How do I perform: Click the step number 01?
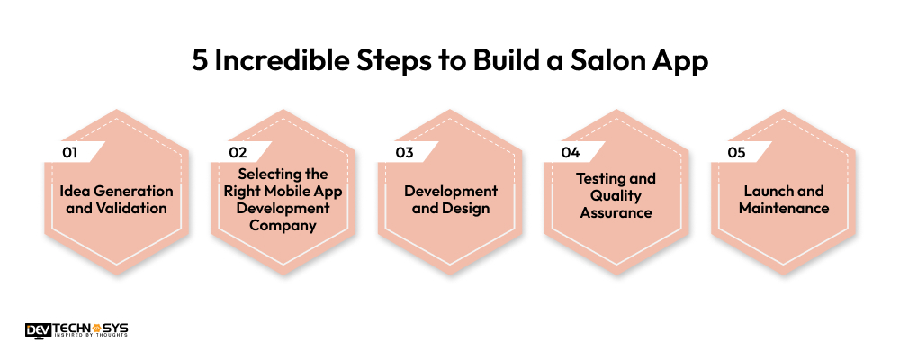(70, 153)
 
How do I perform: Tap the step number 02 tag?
(238, 153)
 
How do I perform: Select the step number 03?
(404, 153)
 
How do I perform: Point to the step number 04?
(571, 153)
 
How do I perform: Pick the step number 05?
(737, 153)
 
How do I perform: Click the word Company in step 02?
(283, 226)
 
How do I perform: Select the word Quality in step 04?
(616, 196)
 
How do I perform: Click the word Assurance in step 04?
(616, 212)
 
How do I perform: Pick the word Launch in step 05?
(766, 191)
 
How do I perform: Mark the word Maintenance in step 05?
(784, 208)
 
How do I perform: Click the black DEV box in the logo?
(39, 329)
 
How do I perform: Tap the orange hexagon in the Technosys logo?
(96, 329)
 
